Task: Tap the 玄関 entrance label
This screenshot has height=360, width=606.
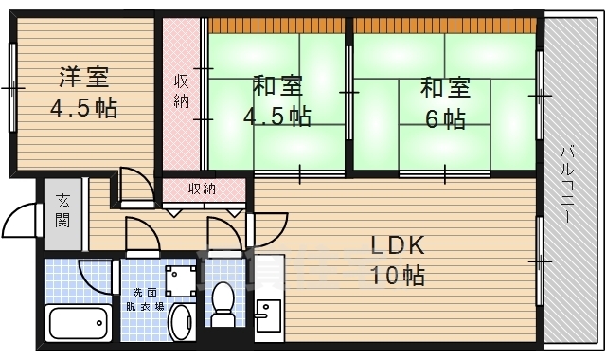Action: pyautogui.click(x=62, y=210)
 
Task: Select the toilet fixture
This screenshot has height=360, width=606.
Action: pyautogui.click(x=224, y=306)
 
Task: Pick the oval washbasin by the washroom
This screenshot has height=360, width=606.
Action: pyautogui.click(x=180, y=321)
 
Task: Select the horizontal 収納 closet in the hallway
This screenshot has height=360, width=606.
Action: pyautogui.click(x=202, y=189)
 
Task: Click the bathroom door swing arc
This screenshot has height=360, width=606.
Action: pyautogui.click(x=96, y=276)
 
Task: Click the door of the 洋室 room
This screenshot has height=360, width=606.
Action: pyautogui.click(x=134, y=186)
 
